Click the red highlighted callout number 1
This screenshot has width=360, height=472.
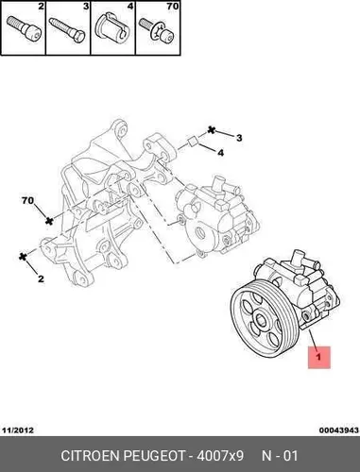coord(318,357)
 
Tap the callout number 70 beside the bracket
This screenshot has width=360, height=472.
coord(27,200)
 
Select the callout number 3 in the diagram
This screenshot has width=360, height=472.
coord(239,138)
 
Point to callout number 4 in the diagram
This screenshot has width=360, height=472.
coord(221,153)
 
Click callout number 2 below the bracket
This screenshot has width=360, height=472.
coord(41,278)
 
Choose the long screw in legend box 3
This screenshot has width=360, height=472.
coord(67,29)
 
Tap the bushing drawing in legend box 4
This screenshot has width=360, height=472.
coord(112,27)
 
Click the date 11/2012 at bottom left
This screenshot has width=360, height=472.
coord(18,430)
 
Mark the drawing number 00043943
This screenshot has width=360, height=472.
coord(339,430)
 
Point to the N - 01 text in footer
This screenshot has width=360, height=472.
coord(280,456)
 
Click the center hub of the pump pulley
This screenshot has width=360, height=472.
coord(261,320)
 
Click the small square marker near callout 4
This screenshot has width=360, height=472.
coord(193,142)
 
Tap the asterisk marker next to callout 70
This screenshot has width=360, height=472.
coord(49,221)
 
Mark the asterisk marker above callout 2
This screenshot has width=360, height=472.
coord(23,257)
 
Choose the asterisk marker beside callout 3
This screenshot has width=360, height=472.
coord(212,129)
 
